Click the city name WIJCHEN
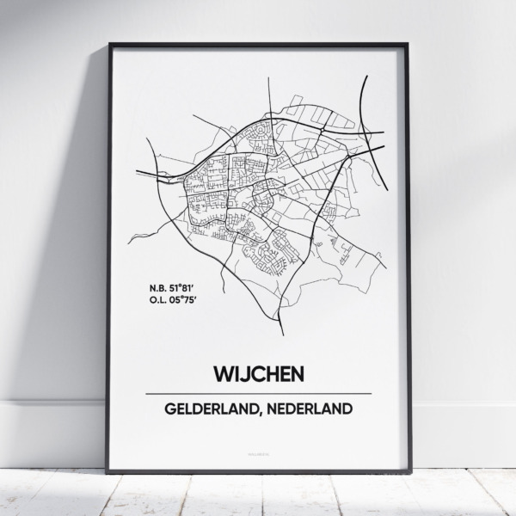coord(258,375)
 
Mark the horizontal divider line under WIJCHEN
coord(258,394)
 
